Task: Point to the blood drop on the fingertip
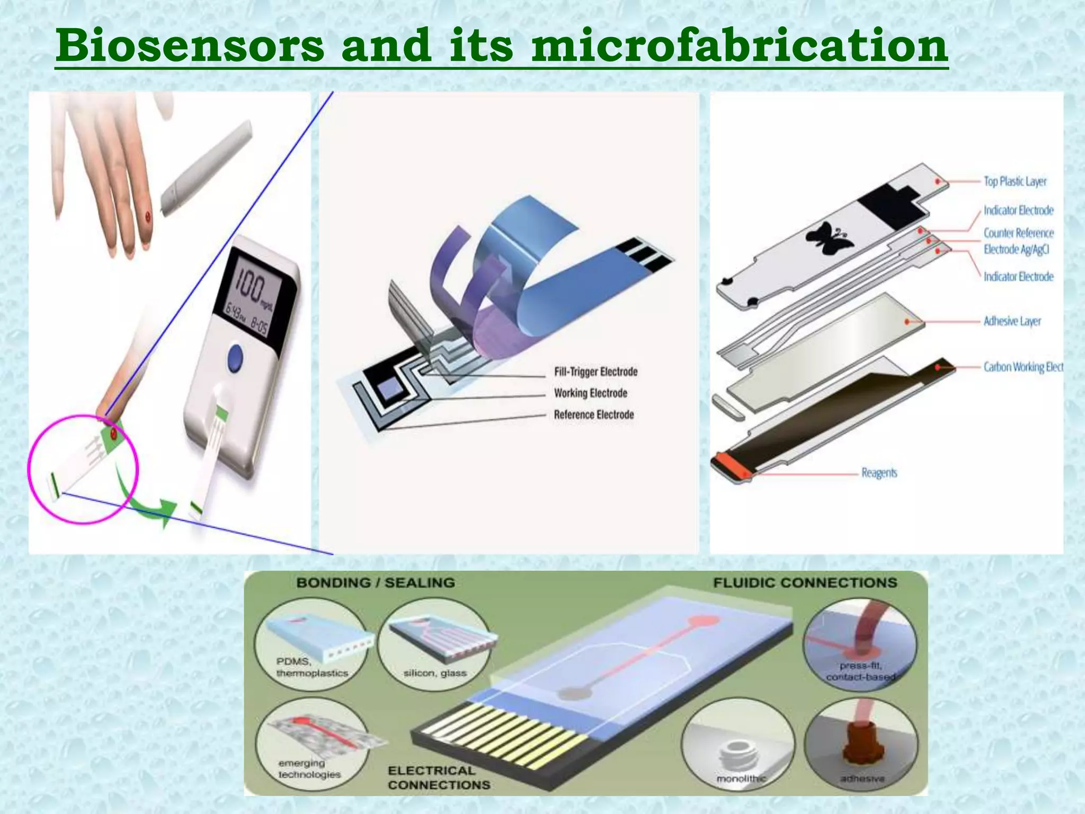[148, 216]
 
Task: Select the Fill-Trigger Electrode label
[595, 372]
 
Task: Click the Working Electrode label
[590, 393]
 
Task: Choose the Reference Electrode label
[593, 414]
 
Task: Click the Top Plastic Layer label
[1015, 181]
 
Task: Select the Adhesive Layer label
[1012, 321]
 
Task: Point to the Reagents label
[879, 472]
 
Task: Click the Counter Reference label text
[1018, 233]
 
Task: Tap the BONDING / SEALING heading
[376, 582]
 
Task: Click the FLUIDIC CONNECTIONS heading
[805, 582]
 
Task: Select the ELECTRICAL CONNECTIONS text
[439, 777]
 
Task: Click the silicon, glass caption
[434, 673]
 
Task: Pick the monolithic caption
[741, 778]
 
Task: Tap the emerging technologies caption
[309, 768]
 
